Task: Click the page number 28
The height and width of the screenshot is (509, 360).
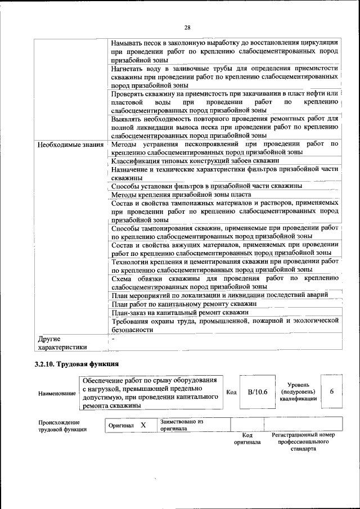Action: tap(188, 27)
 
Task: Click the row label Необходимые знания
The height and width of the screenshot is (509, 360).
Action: tap(70, 145)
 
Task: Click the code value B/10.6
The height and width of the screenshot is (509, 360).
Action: tap(257, 391)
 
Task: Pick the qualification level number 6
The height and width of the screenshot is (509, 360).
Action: tap(332, 391)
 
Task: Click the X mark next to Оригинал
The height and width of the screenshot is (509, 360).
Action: tap(143, 425)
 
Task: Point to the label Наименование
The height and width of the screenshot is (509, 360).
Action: tap(57, 393)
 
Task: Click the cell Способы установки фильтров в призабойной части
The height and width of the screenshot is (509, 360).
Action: tap(206, 186)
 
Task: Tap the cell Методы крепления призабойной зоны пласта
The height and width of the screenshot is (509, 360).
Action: tap(181, 194)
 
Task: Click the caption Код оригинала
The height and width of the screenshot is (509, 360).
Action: tap(247, 439)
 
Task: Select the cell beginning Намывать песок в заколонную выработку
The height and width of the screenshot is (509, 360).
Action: tap(224, 51)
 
